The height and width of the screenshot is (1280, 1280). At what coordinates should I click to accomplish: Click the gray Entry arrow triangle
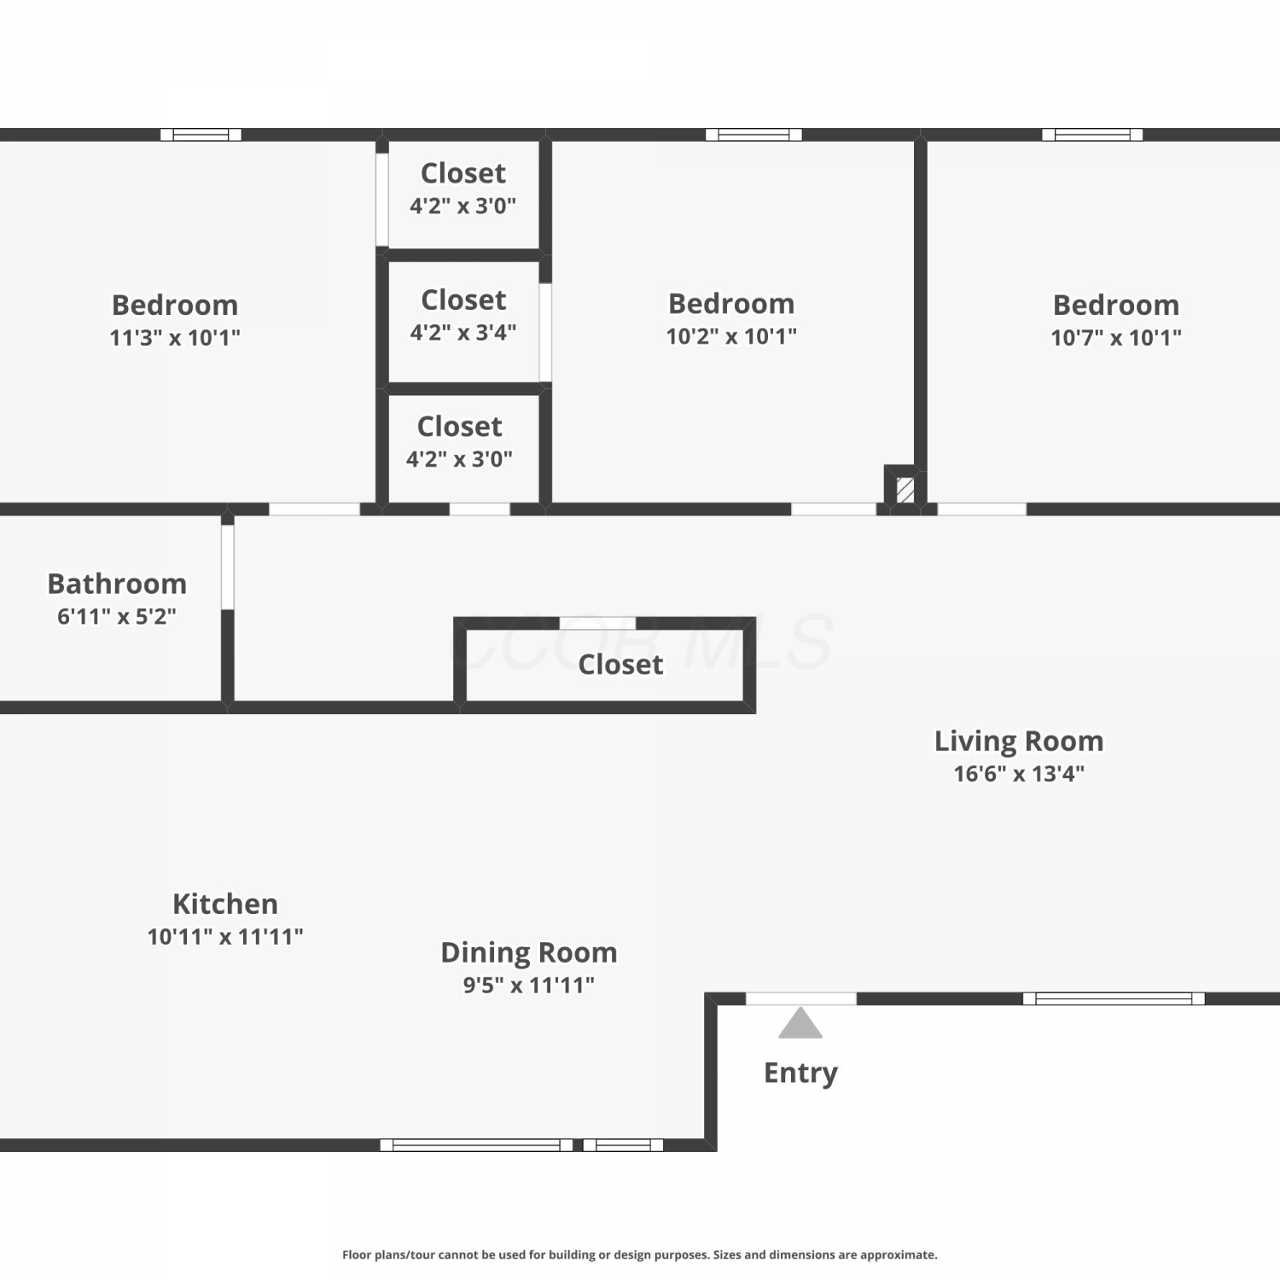800,1023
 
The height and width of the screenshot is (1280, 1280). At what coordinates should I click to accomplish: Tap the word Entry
800,1073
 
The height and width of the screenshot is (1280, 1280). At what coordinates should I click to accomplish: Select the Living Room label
1019,742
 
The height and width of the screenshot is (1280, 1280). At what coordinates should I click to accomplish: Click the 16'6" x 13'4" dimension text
1019,774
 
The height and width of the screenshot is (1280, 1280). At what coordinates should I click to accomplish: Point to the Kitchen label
225,904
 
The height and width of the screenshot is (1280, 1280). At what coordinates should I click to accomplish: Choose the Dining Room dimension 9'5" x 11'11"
529,985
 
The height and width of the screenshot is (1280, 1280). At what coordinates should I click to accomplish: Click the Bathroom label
117,584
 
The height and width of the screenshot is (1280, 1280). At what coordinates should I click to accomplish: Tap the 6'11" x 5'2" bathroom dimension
117,616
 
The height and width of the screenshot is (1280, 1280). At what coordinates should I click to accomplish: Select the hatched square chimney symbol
905,490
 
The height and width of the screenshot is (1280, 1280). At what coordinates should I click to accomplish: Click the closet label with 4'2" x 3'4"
463,300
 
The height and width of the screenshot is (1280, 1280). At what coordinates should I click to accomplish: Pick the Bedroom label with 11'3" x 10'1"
175,305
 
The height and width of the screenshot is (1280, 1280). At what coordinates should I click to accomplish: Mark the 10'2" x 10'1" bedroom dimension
731,336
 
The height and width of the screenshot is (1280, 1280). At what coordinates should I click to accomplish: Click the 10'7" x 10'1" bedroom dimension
1116,338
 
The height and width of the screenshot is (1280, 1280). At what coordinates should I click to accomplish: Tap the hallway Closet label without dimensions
620,665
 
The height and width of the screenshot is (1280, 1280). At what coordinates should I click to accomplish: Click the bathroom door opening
228,567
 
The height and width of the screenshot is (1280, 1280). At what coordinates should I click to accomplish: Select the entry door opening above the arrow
801,998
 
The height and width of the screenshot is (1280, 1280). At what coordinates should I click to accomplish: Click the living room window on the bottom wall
1114,998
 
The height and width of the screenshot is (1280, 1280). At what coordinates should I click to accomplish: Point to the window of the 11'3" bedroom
201,134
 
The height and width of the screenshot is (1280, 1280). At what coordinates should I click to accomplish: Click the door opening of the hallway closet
597,623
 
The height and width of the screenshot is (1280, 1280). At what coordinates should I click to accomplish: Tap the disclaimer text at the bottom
640,1254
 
